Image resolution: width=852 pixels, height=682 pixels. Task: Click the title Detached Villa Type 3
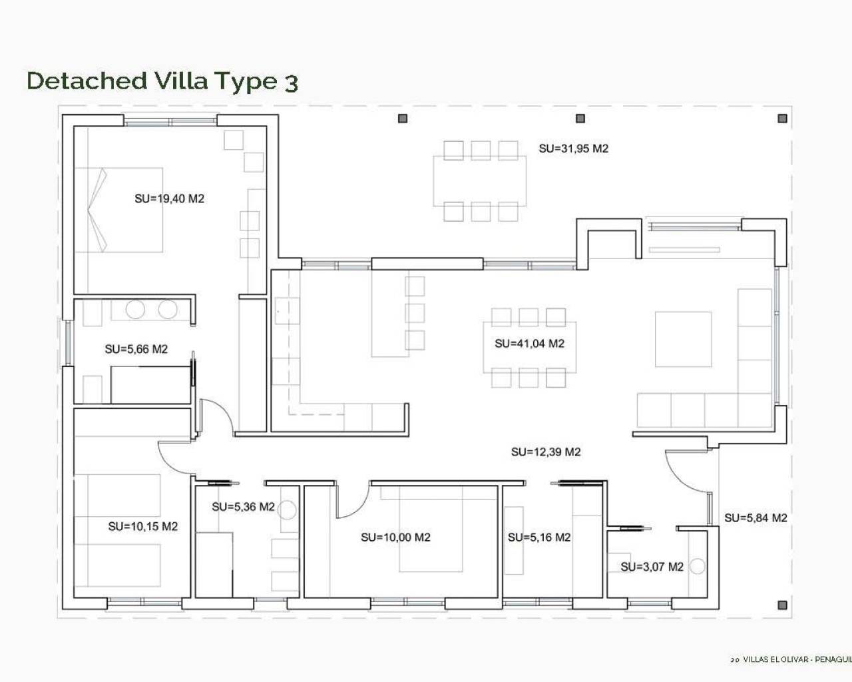point(162,81)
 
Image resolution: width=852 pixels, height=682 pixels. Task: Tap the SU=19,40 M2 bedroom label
point(169,198)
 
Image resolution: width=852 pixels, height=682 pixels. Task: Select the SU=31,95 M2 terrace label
point(573,149)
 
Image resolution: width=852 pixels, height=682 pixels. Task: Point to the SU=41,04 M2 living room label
point(529,344)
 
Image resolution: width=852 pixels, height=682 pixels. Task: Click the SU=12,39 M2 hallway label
point(546,452)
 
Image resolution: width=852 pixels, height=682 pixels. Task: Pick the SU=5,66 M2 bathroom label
point(136,349)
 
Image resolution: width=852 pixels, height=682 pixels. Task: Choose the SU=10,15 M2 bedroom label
point(142,527)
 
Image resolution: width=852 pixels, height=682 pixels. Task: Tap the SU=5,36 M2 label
point(243,507)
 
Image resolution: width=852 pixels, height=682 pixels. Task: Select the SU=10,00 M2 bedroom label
point(395,537)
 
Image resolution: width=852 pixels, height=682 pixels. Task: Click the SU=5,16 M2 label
point(539,537)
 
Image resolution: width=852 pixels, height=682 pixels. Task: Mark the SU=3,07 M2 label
point(652,567)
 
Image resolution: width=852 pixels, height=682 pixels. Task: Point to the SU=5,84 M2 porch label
point(755,518)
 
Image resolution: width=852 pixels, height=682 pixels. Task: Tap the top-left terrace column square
point(402,119)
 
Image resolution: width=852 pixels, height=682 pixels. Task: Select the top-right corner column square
point(783,119)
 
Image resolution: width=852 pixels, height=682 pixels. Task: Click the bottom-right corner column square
point(783,605)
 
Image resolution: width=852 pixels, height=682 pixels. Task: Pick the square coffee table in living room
point(683,339)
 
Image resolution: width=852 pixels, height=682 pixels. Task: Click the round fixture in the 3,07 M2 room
point(697,567)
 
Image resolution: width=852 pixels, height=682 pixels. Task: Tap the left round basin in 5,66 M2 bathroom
point(136,310)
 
